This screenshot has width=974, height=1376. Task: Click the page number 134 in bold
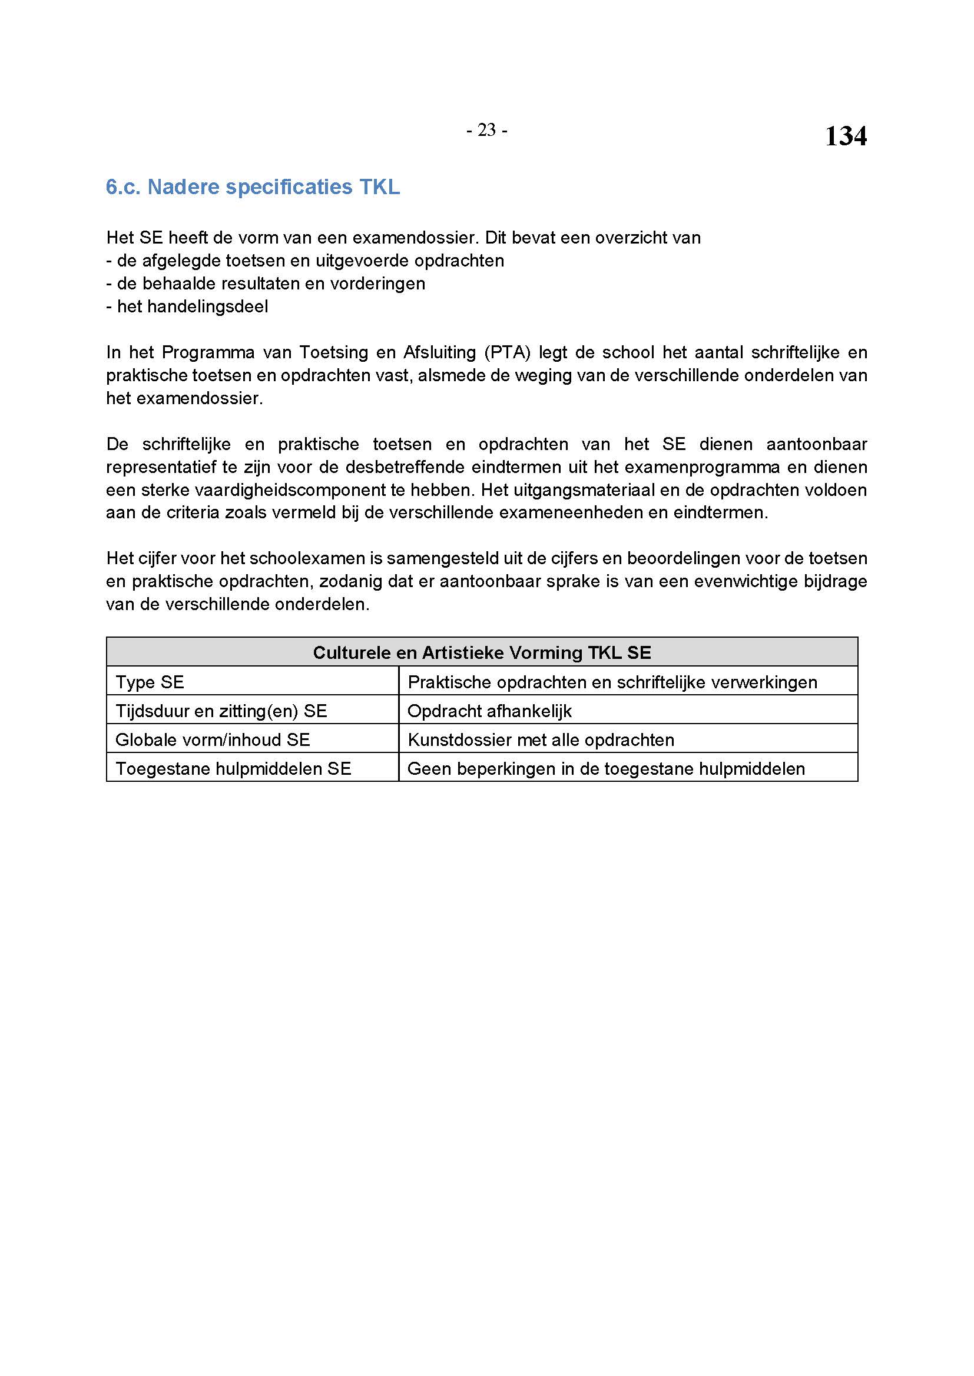click(x=845, y=136)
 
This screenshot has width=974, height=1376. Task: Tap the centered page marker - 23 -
click(x=486, y=130)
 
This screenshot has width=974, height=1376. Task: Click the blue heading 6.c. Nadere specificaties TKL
click(x=253, y=188)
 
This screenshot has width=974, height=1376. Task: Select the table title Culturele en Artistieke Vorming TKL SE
click(x=482, y=652)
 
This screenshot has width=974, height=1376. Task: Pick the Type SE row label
click(x=150, y=682)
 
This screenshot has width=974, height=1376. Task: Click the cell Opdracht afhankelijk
click(x=489, y=711)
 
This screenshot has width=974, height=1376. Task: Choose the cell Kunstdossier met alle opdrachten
click(x=541, y=739)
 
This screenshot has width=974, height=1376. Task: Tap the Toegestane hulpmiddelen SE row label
click(x=233, y=768)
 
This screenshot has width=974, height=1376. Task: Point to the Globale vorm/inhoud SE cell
click(x=213, y=739)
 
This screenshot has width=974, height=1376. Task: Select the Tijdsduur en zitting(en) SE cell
click(x=221, y=711)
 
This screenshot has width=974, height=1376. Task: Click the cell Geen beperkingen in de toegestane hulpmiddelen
click(x=606, y=768)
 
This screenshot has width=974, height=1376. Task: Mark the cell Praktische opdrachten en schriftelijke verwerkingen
click(x=612, y=682)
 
